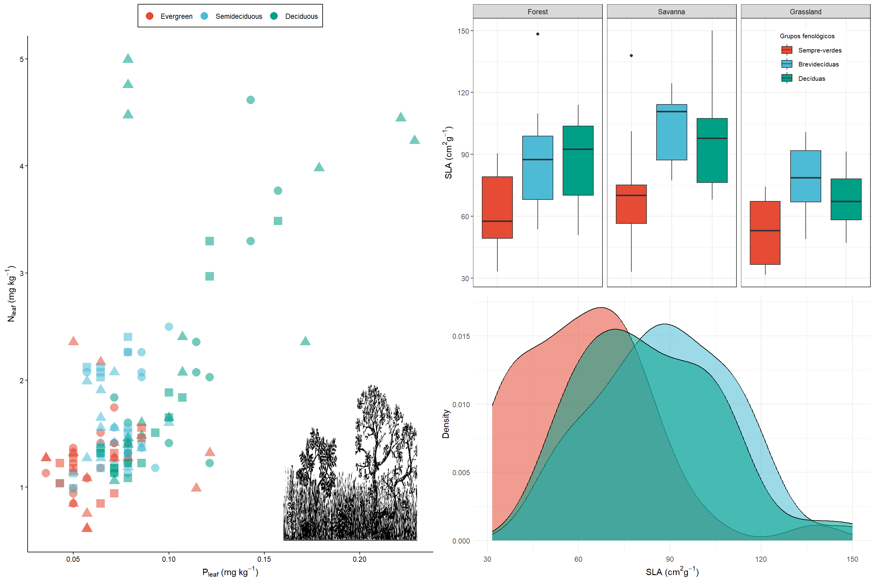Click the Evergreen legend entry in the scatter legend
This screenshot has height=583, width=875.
point(169,16)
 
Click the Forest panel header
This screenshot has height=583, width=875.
point(537,12)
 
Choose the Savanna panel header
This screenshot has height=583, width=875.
point(671,12)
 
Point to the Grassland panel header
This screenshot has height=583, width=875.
point(805,12)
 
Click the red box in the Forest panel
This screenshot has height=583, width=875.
point(497,207)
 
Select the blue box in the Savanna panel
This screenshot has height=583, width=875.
point(671,132)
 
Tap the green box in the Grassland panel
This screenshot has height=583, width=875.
point(846,199)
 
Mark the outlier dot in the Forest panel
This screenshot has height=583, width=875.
point(537,34)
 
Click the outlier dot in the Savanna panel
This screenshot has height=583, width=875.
point(631,55)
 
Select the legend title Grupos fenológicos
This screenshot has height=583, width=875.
point(807,36)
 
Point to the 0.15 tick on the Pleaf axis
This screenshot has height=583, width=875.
point(264,559)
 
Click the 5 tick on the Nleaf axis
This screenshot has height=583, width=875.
point(22,59)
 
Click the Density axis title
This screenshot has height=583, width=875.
point(446,424)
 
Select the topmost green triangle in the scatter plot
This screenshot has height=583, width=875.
point(128,58)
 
